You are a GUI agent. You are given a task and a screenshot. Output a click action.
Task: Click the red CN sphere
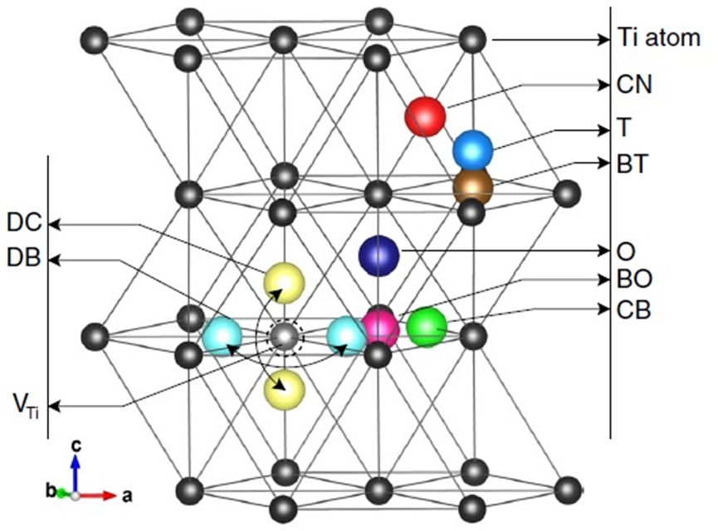426,116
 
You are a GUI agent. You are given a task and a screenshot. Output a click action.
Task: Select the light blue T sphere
473,150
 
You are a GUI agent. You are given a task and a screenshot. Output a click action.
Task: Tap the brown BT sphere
472,188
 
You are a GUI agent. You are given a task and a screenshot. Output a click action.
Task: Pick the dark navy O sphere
379,256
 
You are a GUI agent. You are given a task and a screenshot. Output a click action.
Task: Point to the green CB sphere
427,326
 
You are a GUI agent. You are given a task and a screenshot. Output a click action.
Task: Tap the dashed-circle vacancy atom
284,336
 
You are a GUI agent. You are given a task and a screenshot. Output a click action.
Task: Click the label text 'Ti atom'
659,38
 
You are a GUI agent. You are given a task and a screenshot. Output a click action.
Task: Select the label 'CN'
635,85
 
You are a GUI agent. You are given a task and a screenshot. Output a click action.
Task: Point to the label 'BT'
633,163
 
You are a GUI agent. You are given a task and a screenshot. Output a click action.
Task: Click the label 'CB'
634,310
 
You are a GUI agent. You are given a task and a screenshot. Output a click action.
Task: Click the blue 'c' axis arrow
76,474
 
